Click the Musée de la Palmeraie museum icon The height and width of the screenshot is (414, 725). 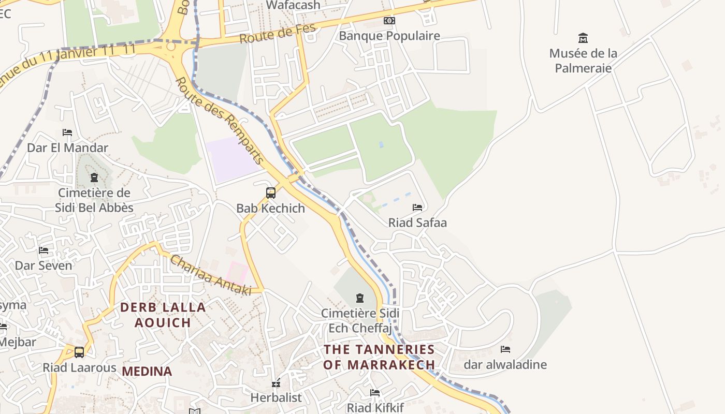click(x=583, y=38)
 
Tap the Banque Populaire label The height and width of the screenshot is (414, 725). click(x=389, y=36)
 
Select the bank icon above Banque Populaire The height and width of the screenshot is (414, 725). click(x=389, y=21)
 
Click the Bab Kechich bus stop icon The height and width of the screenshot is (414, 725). click(x=270, y=193)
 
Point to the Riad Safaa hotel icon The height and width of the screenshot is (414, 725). click(x=417, y=208)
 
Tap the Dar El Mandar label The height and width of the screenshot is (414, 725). click(x=67, y=147)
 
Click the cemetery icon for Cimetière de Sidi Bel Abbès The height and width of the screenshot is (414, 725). click(x=94, y=178)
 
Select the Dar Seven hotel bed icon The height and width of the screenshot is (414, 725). click(x=44, y=250)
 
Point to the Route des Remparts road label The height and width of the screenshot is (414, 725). click(x=220, y=122)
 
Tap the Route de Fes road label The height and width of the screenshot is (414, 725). click(x=278, y=33)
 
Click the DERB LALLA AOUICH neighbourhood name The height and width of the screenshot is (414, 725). click(x=163, y=315)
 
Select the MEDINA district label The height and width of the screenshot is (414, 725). click(x=147, y=371)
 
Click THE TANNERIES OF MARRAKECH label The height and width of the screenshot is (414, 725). click(x=379, y=357)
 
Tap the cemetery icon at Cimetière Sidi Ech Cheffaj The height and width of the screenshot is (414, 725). click(x=359, y=298)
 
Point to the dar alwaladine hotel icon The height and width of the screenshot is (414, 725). click(x=505, y=349)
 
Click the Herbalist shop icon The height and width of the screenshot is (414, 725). click(x=276, y=383)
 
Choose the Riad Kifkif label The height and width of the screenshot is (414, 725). click(x=374, y=407)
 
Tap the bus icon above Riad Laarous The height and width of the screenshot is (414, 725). click(x=79, y=352)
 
